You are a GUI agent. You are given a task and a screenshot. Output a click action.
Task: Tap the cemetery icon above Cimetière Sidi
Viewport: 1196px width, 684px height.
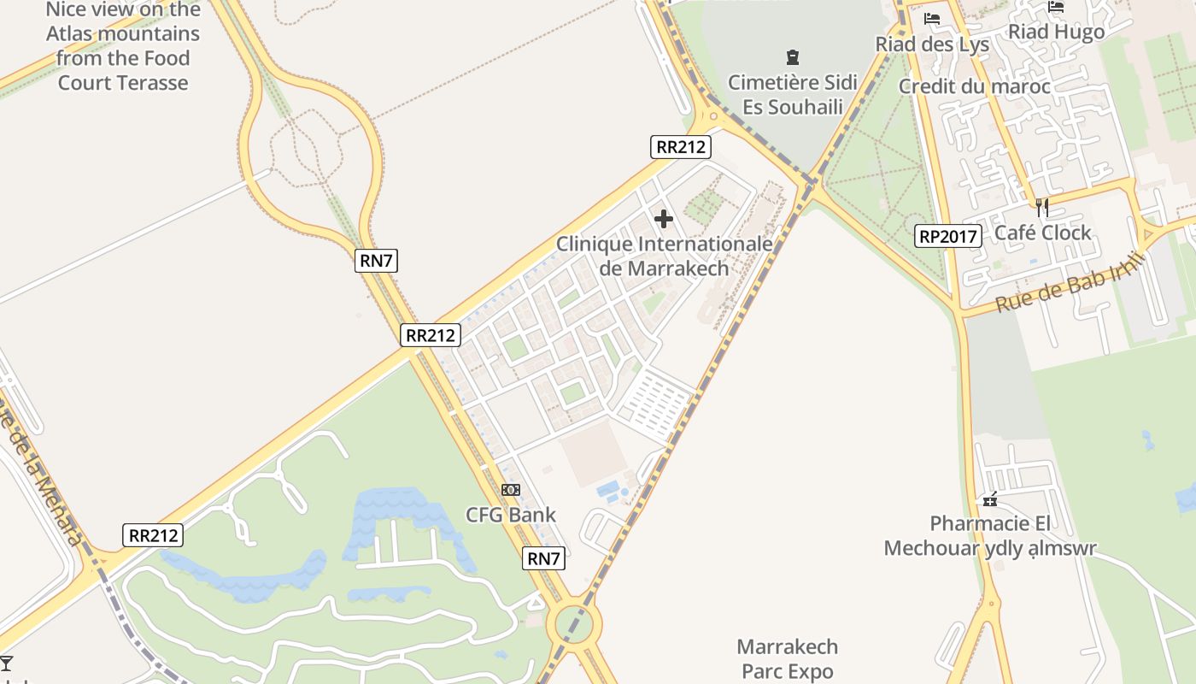pos(793,58)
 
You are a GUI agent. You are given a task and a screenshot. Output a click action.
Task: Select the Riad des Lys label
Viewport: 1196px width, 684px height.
pos(932,44)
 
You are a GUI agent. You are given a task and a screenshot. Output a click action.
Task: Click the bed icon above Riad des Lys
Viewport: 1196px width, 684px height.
pos(932,18)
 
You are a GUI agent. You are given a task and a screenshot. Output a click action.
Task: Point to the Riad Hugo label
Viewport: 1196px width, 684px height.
pos(1057,32)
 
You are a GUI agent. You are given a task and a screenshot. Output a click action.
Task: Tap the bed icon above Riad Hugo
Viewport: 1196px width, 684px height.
pos(1057,7)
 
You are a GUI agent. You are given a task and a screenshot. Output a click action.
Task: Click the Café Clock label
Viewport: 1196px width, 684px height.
pos(1043,233)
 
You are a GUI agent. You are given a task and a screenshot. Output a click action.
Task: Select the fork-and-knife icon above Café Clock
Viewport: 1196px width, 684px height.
pos(1041,207)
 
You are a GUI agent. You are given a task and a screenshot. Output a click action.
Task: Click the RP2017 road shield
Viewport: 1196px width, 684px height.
pos(947,236)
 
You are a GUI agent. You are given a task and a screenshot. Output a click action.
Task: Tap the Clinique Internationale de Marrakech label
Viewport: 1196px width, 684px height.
pos(665,256)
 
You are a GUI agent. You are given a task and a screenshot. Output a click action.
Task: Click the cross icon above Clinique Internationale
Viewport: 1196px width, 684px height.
pos(663,219)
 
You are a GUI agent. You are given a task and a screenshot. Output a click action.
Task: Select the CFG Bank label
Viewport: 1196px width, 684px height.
pos(511,515)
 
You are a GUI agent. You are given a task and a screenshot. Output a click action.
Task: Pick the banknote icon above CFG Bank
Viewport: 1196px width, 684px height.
pos(510,490)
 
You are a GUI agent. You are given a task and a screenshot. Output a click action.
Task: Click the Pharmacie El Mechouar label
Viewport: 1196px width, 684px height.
pos(990,535)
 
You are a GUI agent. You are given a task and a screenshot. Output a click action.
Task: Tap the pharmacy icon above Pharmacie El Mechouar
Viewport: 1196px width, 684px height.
pos(990,499)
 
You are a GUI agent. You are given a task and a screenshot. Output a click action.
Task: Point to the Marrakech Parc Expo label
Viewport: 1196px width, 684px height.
pos(787,658)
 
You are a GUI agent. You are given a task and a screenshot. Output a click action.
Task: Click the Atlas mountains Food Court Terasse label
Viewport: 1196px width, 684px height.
pos(124,46)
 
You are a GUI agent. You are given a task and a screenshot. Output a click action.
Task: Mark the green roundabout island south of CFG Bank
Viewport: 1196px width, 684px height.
pos(574,625)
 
